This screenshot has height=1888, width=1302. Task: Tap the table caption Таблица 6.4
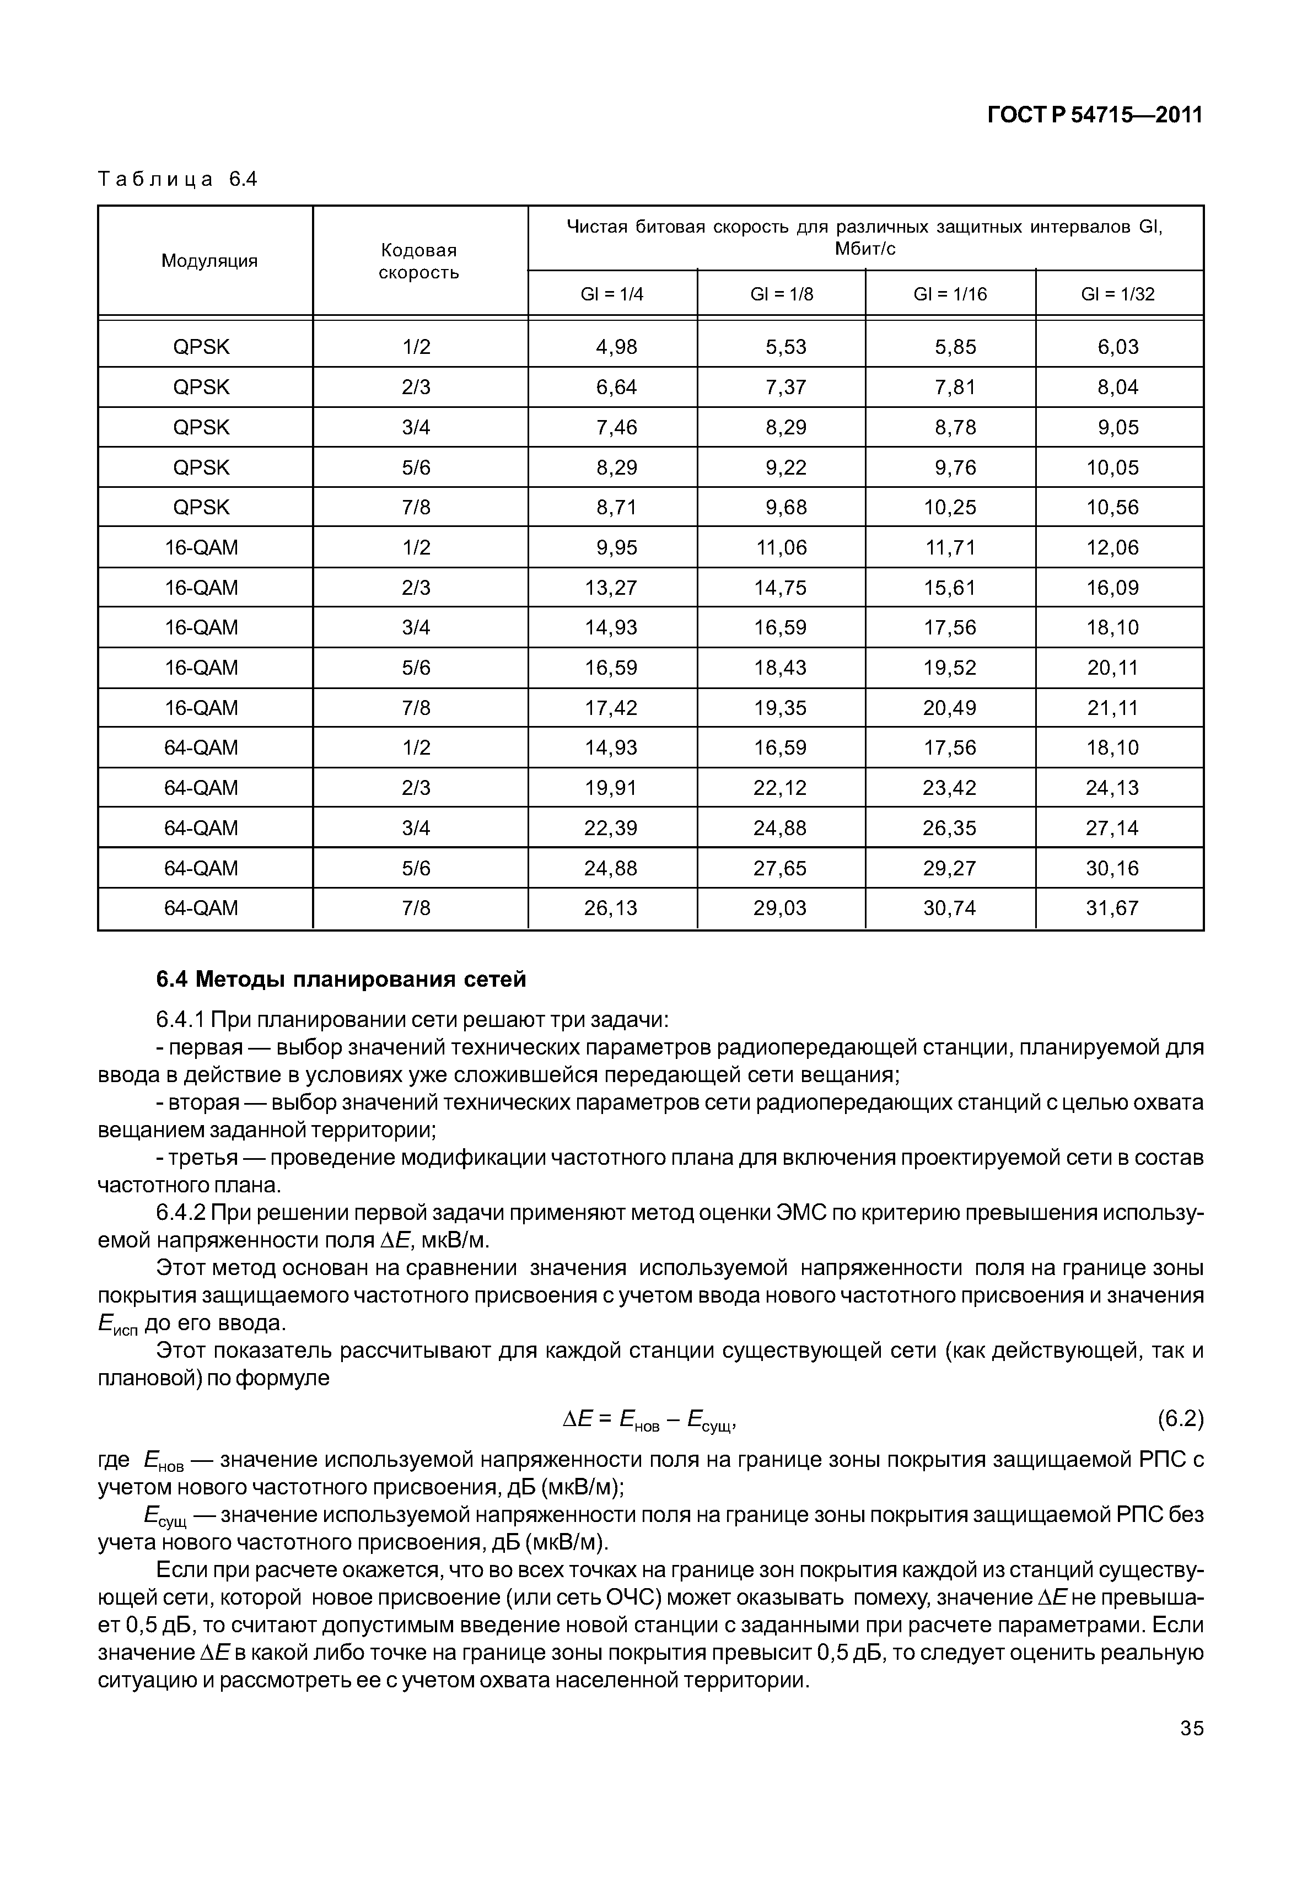[x=177, y=180]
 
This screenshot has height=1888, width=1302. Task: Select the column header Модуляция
[x=209, y=261]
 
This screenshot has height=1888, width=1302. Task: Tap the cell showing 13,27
[x=611, y=588]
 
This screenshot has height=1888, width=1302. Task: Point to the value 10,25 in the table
[x=950, y=508]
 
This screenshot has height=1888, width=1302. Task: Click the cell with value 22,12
[x=780, y=788]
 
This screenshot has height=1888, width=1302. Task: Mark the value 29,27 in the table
[x=950, y=868]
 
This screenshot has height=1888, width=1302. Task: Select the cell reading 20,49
[x=950, y=708]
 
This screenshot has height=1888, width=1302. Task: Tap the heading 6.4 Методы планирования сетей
[x=341, y=979]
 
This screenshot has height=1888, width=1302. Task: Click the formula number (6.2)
[x=1180, y=1419]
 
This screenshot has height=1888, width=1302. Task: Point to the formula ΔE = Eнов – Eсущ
[x=649, y=1421]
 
